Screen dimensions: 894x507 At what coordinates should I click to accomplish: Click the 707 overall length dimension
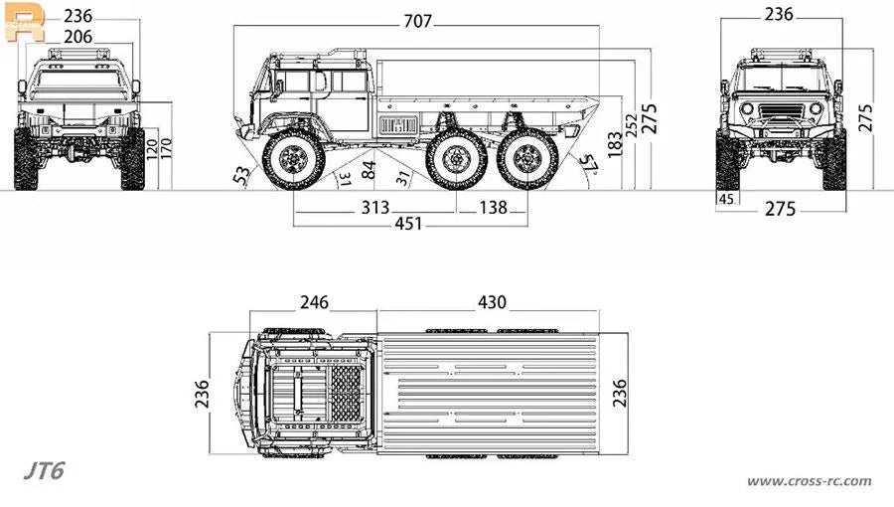pyautogui.click(x=418, y=22)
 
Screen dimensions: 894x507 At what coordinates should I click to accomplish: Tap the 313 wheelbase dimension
pyautogui.click(x=375, y=208)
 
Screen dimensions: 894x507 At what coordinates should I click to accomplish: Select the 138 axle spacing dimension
pyautogui.click(x=493, y=208)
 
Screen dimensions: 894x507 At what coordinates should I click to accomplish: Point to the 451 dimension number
pyautogui.click(x=409, y=224)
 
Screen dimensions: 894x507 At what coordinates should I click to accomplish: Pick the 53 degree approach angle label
pyautogui.click(x=241, y=175)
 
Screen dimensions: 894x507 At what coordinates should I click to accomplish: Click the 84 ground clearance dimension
pyautogui.click(x=369, y=170)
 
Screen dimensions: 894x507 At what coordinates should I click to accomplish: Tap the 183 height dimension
pyautogui.click(x=615, y=145)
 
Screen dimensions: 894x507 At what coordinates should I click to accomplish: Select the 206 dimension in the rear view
pyautogui.click(x=78, y=37)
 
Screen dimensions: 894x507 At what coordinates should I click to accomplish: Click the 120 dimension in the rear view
pyautogui.click(x=152, y=149)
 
